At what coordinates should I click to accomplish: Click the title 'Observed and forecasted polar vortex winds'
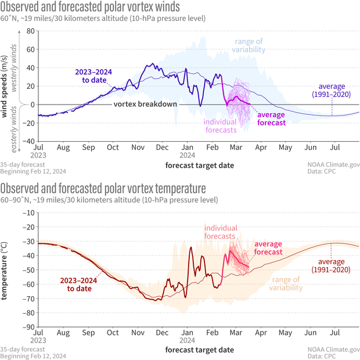click(x=90, y=6)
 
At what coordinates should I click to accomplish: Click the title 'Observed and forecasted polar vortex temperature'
click(x=103, y=188)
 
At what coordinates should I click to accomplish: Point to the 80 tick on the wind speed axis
click(x=31, y=49)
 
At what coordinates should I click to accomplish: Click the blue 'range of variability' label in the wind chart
click(x=250, y=46)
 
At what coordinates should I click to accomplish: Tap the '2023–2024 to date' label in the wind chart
click(x=92, y=76)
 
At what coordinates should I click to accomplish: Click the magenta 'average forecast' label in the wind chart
click(x=271, y=118)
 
